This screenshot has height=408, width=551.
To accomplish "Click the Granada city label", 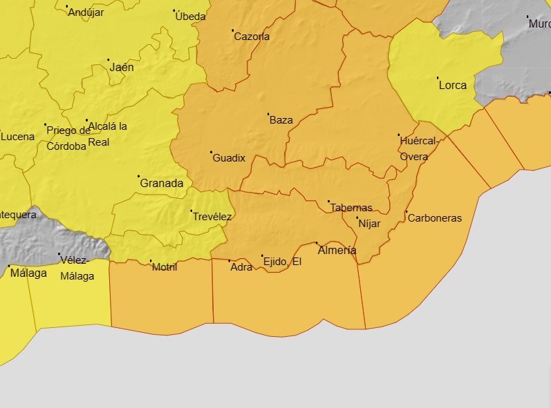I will pos(162,183).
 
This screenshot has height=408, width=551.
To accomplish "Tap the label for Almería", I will pos(337,250).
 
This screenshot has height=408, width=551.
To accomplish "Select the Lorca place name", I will pos(453,86).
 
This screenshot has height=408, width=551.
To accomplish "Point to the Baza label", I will pos(281,119).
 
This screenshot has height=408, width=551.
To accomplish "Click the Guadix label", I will pos(229,157).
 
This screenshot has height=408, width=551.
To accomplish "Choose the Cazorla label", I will pos(252,37).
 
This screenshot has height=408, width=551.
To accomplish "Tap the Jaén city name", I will pos(122,68).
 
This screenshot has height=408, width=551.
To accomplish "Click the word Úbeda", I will pos(190,16).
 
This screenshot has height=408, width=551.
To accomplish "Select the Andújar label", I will pos(86,12).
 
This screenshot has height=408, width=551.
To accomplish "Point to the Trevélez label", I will pos(212,216).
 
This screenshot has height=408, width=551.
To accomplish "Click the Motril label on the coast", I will pos(165,266).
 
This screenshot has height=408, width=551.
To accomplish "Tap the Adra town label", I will pos(241,266).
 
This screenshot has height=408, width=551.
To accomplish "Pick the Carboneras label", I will pos(435,218).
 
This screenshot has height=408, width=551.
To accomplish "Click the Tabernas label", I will pos(351,207).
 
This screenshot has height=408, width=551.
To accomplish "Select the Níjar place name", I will pos(369,223).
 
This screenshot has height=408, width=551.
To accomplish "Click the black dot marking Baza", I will pos(268,114).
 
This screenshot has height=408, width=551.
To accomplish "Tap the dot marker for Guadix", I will pos(211,152).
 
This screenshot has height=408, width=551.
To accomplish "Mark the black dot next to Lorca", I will pos(438,78).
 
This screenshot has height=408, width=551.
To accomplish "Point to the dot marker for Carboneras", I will pos(407,212).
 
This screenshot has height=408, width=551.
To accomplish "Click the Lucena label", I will pos(17,137).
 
